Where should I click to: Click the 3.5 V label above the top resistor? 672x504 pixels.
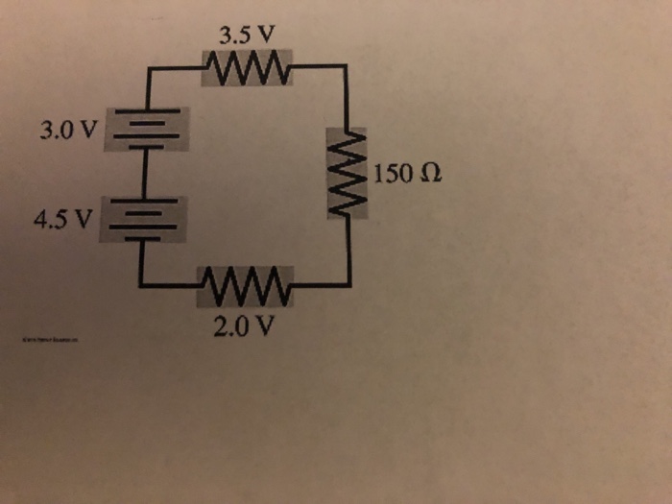point(246,38)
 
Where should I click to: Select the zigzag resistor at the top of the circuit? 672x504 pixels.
point(246,68)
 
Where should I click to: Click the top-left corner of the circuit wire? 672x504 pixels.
point(146,68)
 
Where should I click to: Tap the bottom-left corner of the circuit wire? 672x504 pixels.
point(141,285)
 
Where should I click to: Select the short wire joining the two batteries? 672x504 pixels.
point(145,172)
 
